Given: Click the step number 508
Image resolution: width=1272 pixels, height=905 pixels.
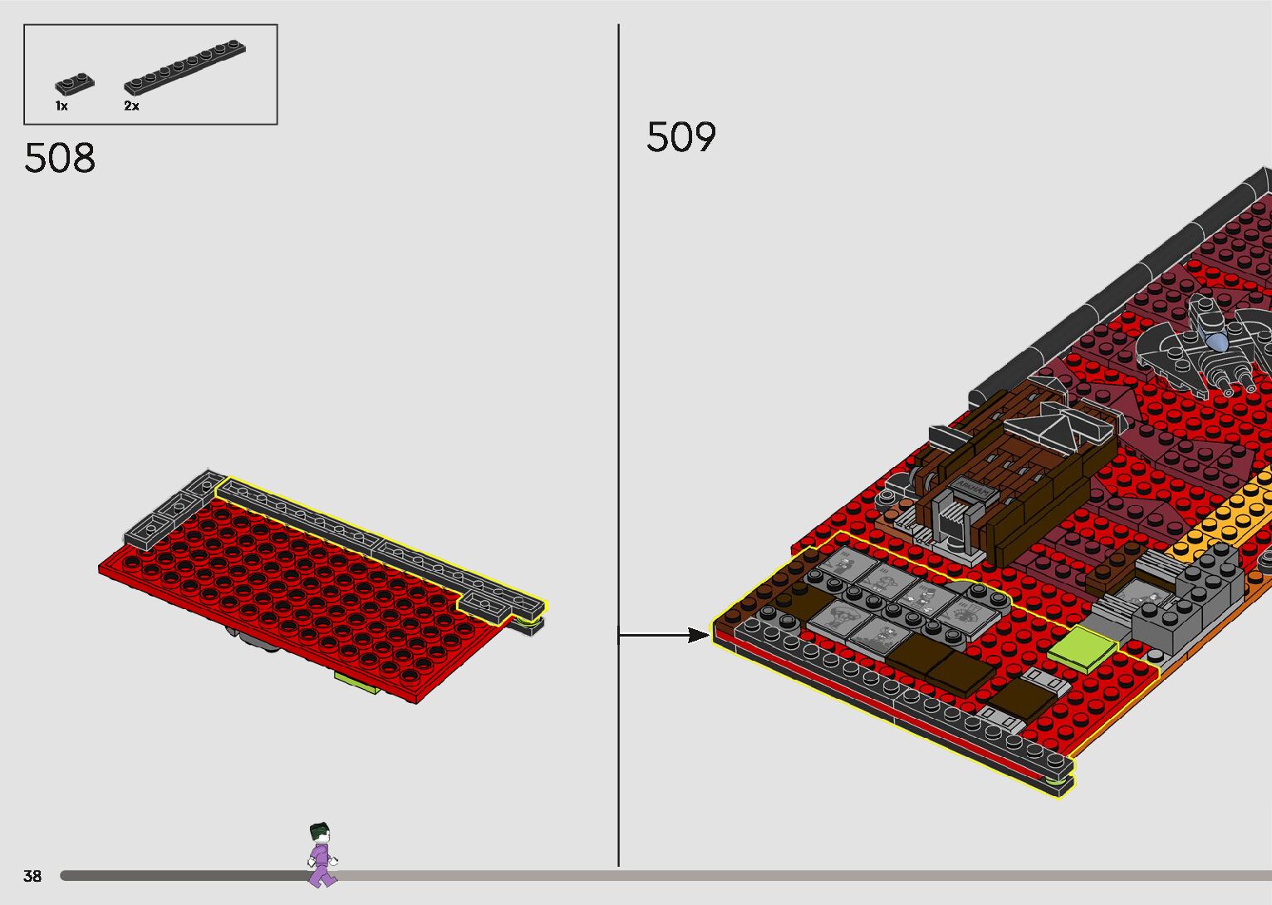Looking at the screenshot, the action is coord(60,157).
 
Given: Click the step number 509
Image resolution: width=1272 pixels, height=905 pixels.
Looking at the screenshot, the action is coord(680,137).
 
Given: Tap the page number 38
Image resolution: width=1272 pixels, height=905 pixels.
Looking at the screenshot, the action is coord(32,876).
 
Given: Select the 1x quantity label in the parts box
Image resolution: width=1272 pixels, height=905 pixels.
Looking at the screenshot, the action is coord(61,106).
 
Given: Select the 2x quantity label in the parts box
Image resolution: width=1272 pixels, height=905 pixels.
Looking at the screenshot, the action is coord(131,106).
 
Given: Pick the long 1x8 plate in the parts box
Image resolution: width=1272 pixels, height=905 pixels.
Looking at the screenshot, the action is coord(184,67).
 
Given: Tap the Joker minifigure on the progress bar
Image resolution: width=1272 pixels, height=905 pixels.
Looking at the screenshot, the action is coord(322,854).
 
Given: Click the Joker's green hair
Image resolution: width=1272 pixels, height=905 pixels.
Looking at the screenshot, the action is coord(318,829).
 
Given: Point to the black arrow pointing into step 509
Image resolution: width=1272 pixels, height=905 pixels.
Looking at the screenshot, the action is coord(665,635).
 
